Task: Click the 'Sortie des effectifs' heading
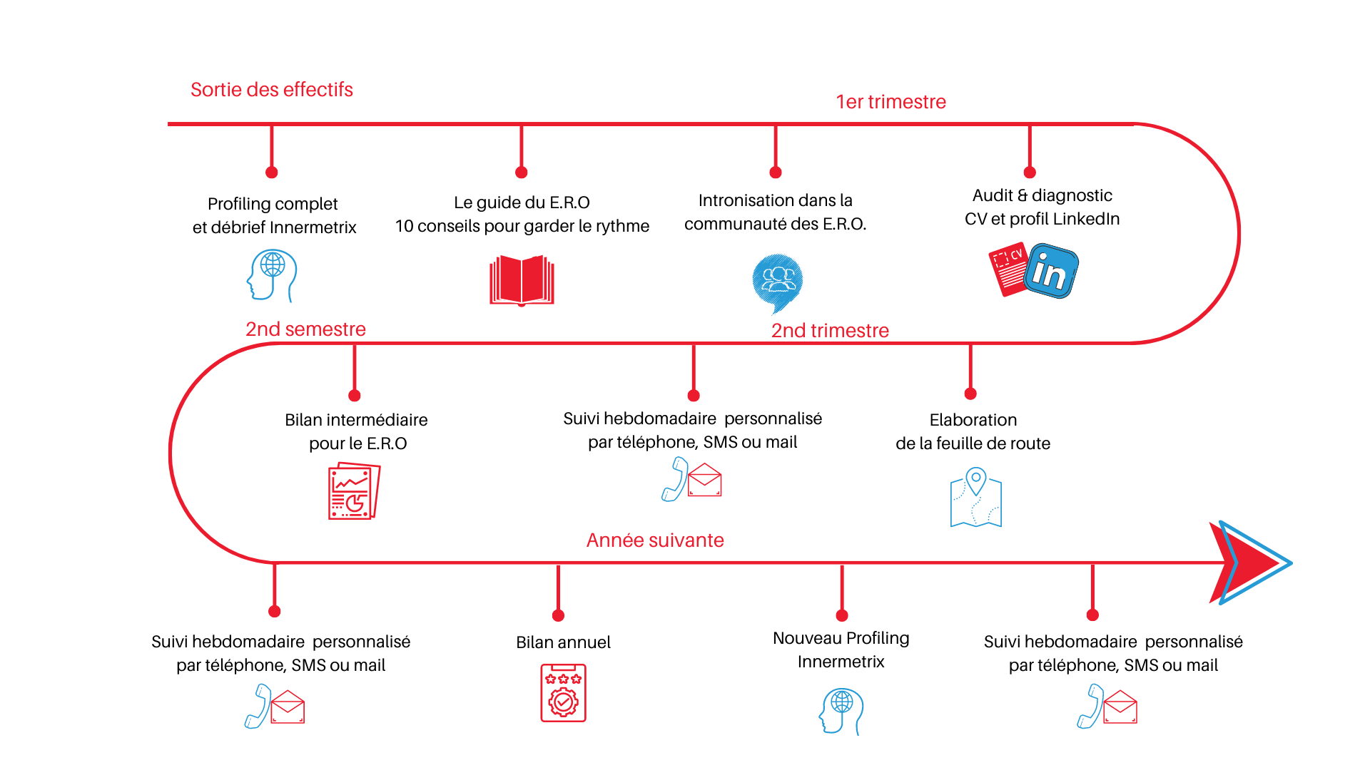tap(272, 90)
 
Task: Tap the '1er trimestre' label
tap(891, 102)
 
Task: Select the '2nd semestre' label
tap(305, 329)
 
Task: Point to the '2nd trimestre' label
tap(830, 330)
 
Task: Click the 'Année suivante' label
tap(655, 540)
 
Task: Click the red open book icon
tap(522, 280)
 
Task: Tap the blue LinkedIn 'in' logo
tap(1051, 271)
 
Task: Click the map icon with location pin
tap(976, 498)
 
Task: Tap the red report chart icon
tap(354, 491)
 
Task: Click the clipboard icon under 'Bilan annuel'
tap(563, 693)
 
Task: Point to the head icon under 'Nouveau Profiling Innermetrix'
tap(841, 711)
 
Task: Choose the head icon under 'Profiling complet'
tap(272, 275)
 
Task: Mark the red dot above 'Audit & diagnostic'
tap(1030, 173)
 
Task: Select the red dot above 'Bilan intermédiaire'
tap(355, 396)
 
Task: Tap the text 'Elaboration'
tap(973, 420)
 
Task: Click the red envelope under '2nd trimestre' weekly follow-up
tap(705, 480)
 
